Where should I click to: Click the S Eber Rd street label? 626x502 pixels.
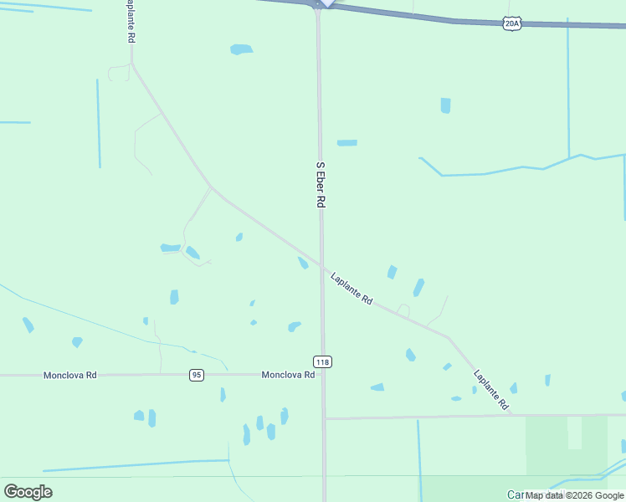click(320, 185)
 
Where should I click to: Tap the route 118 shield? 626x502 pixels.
click(323, 361)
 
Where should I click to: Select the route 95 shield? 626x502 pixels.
click(197, 375)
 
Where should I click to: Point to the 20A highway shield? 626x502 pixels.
click(513, 24)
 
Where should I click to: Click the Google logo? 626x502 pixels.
click(28, 491)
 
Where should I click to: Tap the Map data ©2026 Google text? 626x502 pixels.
click(574, 495)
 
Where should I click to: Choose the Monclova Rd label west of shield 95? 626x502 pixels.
click(70, 376)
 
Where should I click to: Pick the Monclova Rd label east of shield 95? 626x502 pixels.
click(288, 375)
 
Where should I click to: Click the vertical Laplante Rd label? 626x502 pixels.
click(131, 22)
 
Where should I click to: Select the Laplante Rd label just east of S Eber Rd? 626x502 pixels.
click(351, 288)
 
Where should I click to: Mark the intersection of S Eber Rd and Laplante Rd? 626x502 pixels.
click(321, 264)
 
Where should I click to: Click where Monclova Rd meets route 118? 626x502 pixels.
click(323, 375)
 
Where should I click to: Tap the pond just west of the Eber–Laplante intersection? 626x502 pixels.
click(303, 263)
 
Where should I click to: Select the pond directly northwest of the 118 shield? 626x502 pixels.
click(294, 326)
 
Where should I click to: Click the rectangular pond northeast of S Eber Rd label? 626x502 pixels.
click(346, 143)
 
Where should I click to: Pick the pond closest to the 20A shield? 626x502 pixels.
click(445, 105)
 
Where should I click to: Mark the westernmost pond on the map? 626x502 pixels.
click(28, 325)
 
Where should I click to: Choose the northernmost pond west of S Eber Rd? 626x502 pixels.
click(241, 49)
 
